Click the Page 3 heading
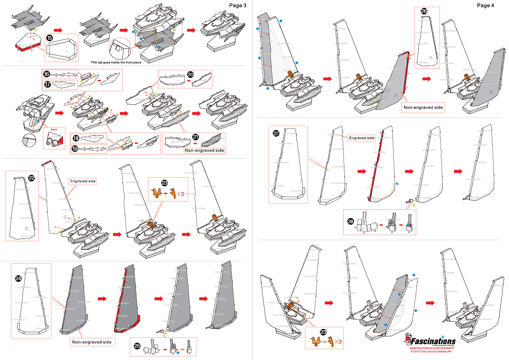point(237,5)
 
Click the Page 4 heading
point(485,5)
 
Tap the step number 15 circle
point(50,38)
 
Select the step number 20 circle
point(190,74)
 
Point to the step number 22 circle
point(31,178)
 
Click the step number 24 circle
point(18,278)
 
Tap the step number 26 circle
point(424,11)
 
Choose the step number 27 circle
point(276,133)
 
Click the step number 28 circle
point(350,221)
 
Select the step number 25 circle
point(137,346)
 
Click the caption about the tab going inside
point(116,62)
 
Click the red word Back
point(54,129)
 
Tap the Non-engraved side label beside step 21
point(204,150)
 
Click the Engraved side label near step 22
point(83,181)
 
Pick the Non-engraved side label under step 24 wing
point(92,342)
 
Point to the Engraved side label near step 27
point(361,138)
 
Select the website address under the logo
point(432,348)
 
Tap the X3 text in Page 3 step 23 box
point(180,194)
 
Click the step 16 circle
point(46,74)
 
